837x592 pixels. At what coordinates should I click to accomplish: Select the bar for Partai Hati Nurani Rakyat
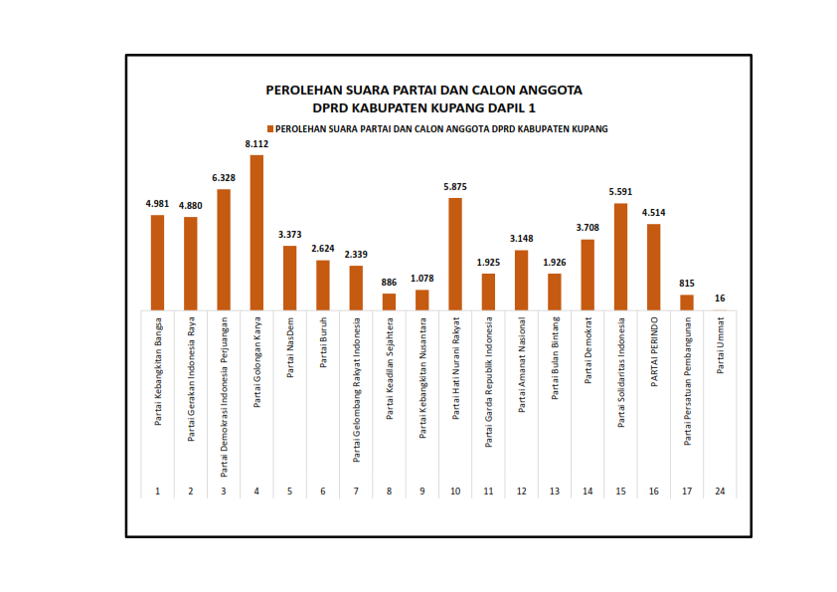tap(455, 254)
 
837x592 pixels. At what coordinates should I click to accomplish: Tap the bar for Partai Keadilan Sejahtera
tap(389, 301)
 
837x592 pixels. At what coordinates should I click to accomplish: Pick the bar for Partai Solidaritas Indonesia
tap(620, 257)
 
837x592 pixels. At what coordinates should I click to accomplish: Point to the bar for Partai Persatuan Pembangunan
tap(687, 302)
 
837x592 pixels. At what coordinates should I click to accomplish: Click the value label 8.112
tap(256, 144)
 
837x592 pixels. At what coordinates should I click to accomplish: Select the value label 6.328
tap(224, 178)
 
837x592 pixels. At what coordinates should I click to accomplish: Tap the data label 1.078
tap(421, 279)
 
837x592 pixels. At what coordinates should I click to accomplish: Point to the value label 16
tap(720, 298)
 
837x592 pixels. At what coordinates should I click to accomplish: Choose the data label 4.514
tap(653, 213)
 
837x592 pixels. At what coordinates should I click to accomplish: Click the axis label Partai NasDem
tap(289, 348)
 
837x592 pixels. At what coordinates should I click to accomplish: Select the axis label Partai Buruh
tap(322, 342)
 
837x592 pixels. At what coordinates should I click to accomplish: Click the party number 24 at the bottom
tap(720, 492)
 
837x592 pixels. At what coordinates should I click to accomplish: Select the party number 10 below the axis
tap(455, 492)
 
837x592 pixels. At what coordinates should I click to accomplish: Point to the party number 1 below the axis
tap(157, 492)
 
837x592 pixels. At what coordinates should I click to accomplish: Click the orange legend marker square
tap(269, 129)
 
